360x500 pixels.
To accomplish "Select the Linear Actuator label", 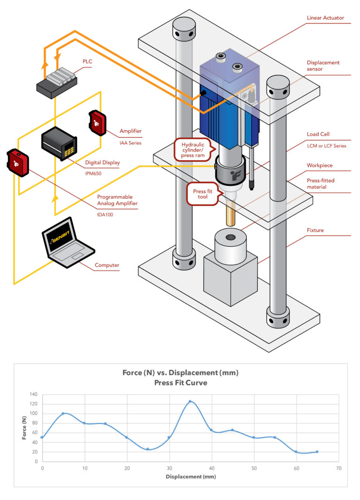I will click(x=325, y=18).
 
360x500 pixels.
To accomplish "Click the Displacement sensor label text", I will click(x=323, y=66).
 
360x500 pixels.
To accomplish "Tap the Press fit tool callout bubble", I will click(x=203, y=194).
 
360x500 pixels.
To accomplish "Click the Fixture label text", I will click(x=315, y=230).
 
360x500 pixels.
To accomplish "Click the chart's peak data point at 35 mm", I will click(x=190, y=402).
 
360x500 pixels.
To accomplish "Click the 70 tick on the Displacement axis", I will click(x=338, y=468).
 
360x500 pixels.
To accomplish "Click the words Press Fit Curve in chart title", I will click(x=180, y=382).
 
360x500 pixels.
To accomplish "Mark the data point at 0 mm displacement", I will click(x=42, y=437).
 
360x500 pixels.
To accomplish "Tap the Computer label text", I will click(x=107, y=265).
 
